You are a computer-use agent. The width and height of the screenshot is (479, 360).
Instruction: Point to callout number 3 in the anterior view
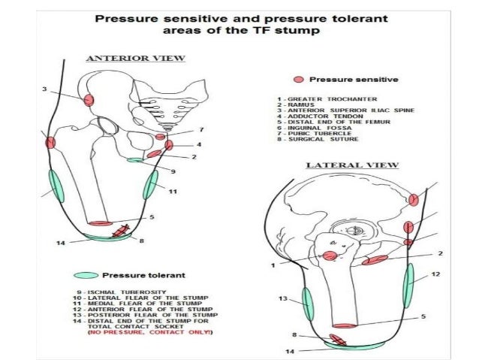tap(45, 89)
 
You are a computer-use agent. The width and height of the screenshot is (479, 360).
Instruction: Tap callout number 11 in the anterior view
tap(173, 192)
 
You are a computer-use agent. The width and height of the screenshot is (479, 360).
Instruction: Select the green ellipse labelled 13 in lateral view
tap(307, 303)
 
